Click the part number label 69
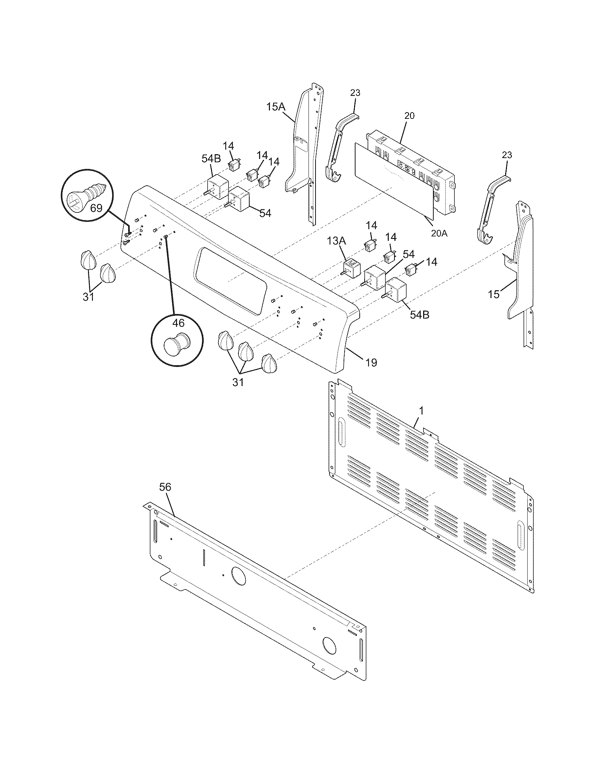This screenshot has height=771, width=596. coord(96,208)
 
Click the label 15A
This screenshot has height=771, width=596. coord(276,107)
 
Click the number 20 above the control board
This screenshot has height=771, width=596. coord(409,116)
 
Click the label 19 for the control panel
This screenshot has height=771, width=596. coord(371,362)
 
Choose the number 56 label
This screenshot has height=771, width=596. coord(165,487)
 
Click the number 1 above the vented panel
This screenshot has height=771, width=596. coord(421,411)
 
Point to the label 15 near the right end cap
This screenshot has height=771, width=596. coord(494,294)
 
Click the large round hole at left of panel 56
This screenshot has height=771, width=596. coord(239,575)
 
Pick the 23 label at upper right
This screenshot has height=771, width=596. coord(507,155)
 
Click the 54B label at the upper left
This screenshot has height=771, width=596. coord(211,158)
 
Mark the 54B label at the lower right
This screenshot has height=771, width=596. coord(419,315)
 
